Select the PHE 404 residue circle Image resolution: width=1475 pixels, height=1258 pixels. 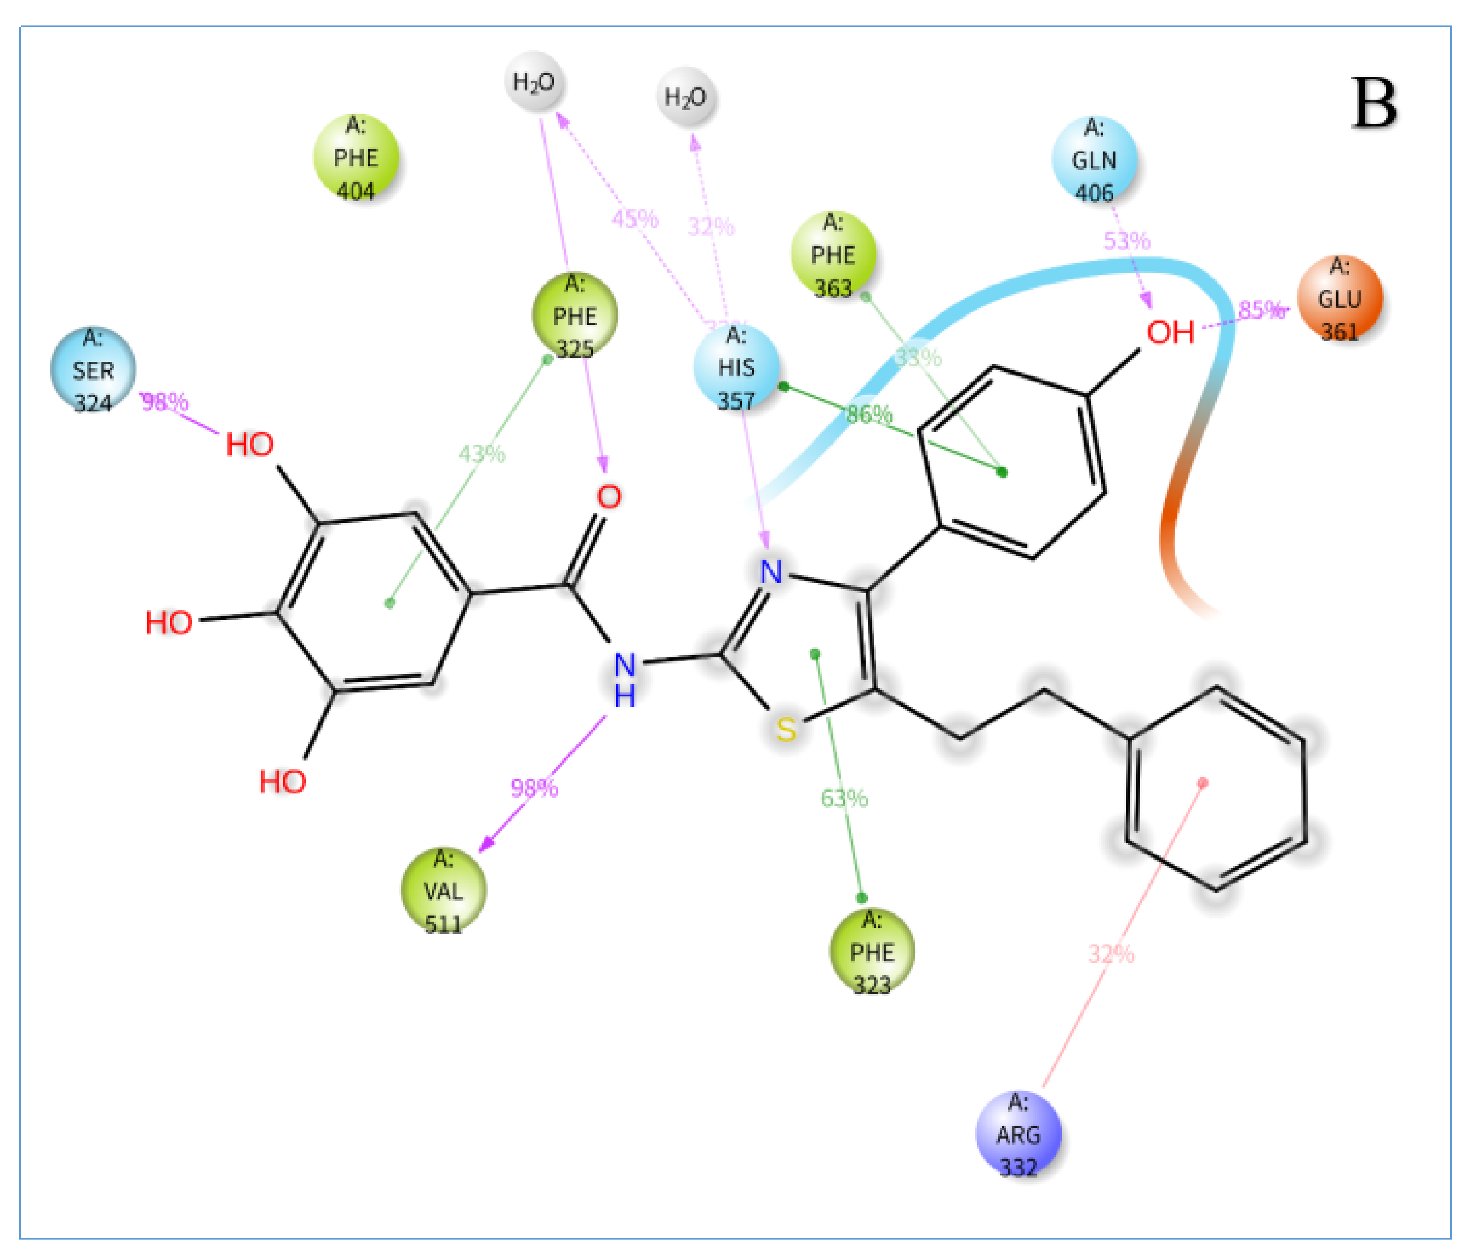pos(356,157)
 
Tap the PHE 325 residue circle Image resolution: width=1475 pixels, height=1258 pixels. pos(575,315)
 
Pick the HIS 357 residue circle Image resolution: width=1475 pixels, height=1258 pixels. pos(736,368)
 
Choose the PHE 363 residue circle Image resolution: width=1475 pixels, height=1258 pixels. pos(833,254)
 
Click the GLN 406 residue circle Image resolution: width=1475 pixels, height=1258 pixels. pos(1094,159)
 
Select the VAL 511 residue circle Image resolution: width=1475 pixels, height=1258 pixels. pos(443,890)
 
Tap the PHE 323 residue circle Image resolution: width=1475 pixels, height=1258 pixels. pos(871,952)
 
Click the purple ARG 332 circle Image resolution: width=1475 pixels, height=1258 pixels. pos(1018,1134)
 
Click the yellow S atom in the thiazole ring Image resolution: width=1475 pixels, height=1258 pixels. pos(786,729)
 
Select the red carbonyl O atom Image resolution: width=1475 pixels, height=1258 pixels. pos(608,496)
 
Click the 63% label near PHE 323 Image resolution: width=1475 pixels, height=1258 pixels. pos(844,798)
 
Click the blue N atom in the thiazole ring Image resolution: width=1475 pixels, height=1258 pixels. pos(771,572)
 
